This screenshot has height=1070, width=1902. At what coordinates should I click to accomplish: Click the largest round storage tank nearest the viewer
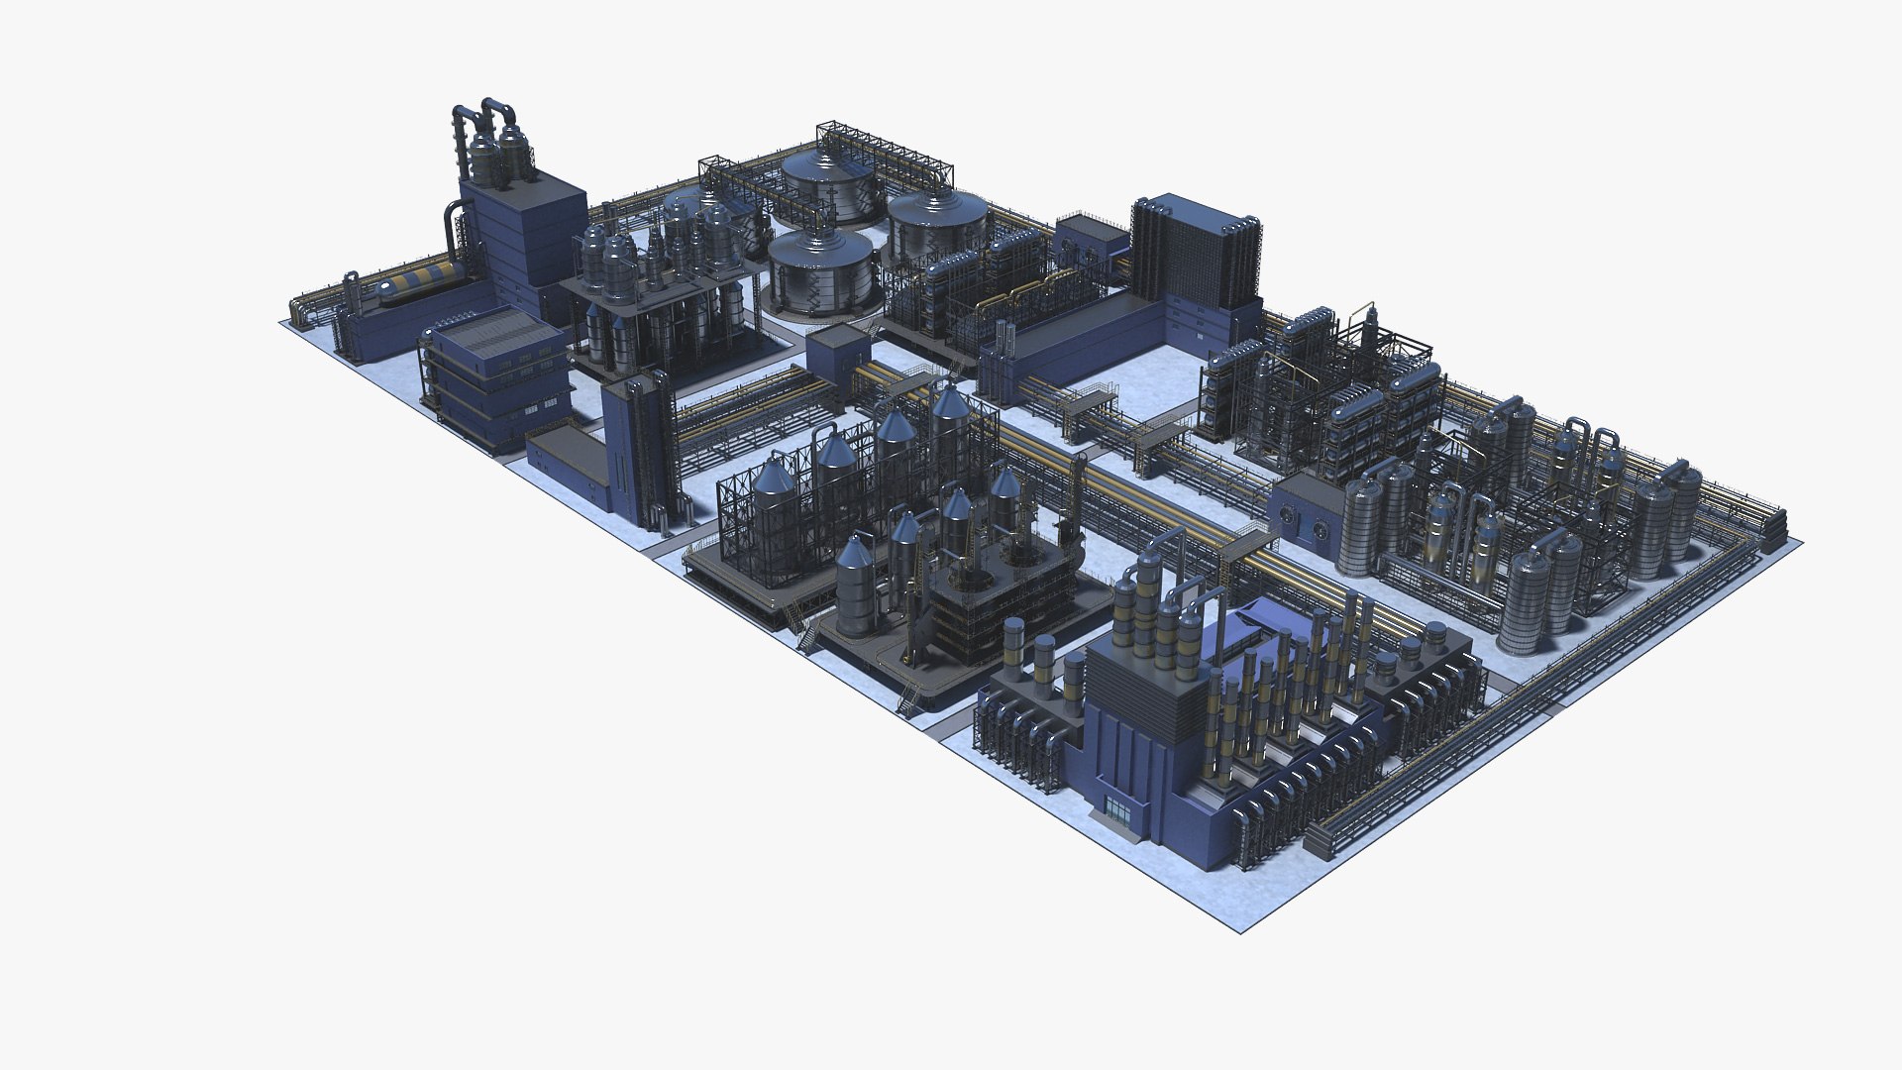coord(822,272)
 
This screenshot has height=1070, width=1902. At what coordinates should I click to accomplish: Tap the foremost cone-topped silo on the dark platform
coord(854,585)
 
